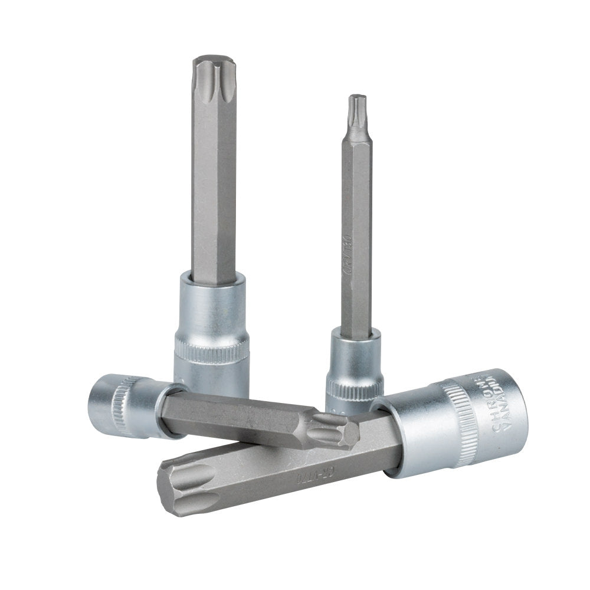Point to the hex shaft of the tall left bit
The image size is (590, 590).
[x=214, y=189]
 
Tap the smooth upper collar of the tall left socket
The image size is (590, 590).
[x=211, y=307]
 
